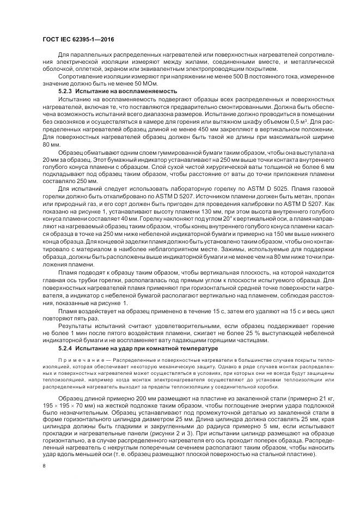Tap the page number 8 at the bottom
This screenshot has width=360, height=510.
44,466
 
